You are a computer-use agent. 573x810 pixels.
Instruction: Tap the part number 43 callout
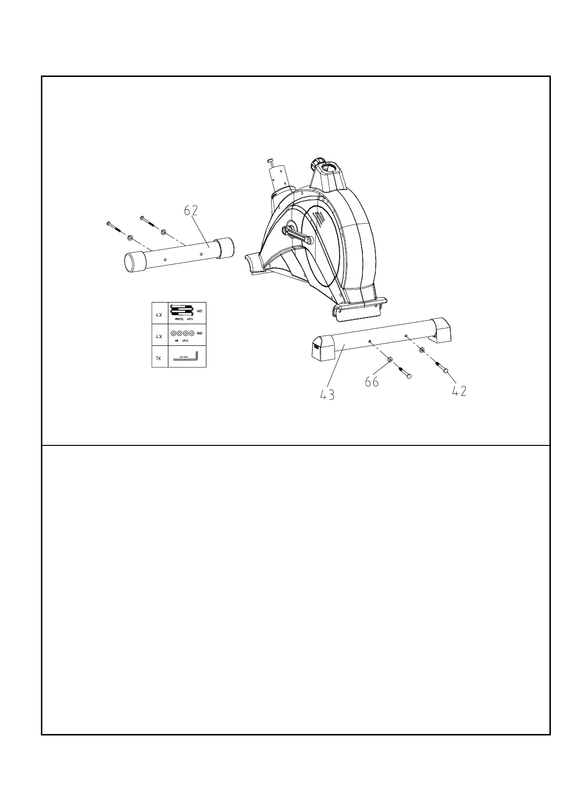point(328,395)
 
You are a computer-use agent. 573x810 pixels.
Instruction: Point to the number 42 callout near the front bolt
point(459,392)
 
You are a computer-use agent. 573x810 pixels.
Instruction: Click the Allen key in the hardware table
point(185,358)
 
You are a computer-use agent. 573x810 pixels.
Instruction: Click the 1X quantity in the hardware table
point(159,358)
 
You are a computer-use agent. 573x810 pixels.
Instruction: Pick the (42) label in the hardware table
point(200,311)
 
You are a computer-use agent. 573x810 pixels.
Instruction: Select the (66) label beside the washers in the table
point(200,333)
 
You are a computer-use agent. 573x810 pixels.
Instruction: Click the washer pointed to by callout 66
point(390,360)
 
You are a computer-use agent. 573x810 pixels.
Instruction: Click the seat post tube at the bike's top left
point(280,177)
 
